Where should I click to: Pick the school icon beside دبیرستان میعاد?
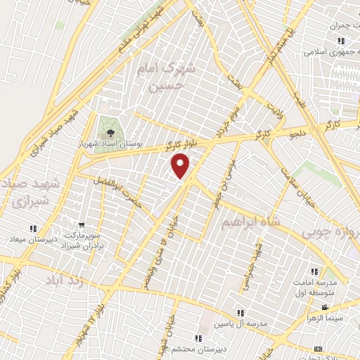click(x=33, y=229)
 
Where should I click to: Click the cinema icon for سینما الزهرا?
click(x=324, y=307)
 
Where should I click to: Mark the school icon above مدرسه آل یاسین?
click(x=240, y=313)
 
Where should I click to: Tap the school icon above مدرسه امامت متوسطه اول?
click(x=314, y=271)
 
